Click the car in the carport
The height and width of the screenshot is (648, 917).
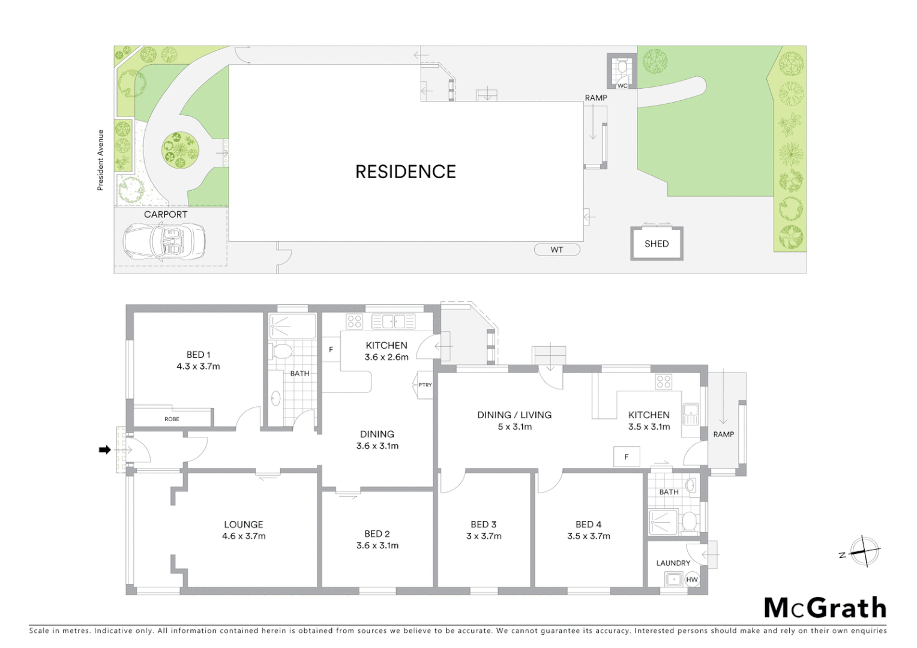[x=164, y=242]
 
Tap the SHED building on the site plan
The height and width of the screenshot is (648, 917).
[x=657, y=244]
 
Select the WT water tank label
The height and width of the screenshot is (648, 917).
[x=557, y=250]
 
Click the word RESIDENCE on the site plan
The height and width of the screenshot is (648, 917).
[x=406, y=172]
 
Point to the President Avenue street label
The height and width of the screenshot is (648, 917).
[x=101, y=160]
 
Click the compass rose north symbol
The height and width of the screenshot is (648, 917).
[x=864, y=551]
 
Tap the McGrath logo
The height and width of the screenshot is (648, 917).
[x=825, y=608]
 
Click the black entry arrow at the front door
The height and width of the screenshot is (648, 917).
[x=105, y=449]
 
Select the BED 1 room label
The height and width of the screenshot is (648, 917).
[x=198, y=355]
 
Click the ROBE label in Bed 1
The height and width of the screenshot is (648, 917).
[x=172, y=419]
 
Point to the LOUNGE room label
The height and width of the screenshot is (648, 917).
[x=244, y=524]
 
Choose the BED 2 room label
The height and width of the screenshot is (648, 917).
[x=377, y=533]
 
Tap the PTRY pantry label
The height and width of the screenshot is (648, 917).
[x=425, y=385]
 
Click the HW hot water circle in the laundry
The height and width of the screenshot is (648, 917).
[x=692, y=579]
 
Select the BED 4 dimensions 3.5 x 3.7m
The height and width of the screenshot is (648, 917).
[x=588, y=536]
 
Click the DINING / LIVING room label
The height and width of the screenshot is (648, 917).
[x=514, y=415]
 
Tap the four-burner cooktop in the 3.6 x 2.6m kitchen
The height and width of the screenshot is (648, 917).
[x=354, y=321]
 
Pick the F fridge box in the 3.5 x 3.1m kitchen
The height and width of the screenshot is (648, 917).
[x=627, y=457]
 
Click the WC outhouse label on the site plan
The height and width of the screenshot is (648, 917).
[x=622, y=86]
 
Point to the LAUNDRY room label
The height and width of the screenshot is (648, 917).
[x=673, y=563]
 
